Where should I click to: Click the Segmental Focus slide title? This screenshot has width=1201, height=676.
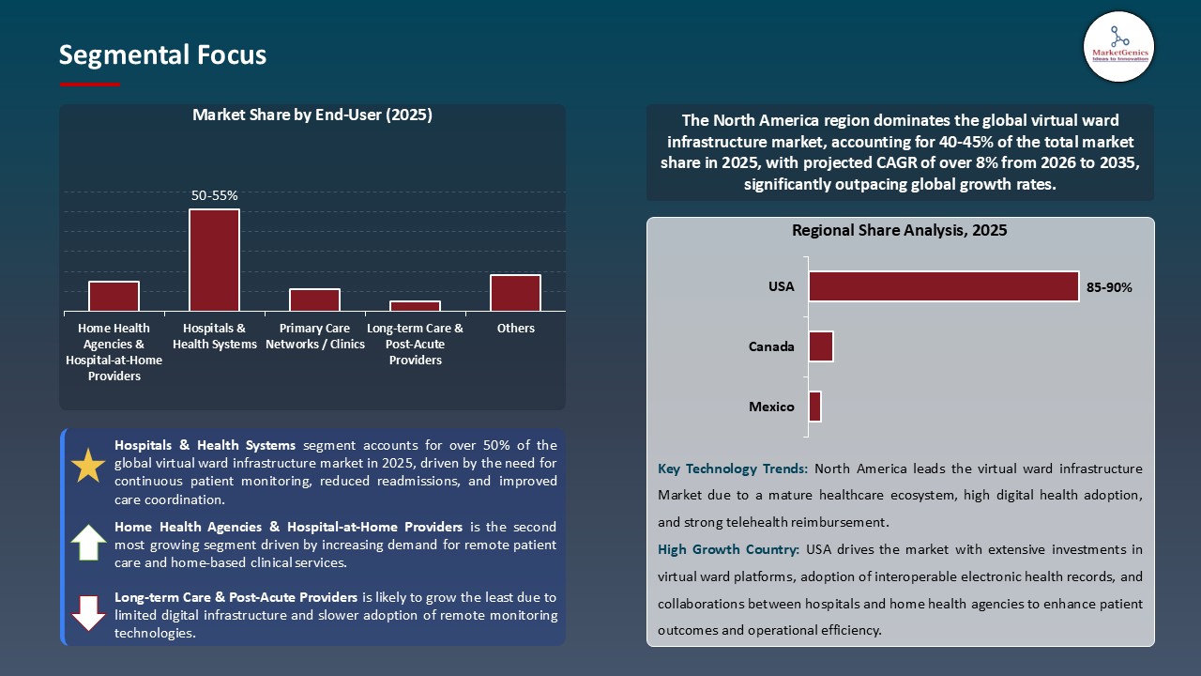pyautogui.click(x=162, y=55)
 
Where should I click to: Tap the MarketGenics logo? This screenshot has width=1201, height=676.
pyautogui.click(x=1118, y=46)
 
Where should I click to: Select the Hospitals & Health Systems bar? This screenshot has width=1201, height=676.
pyautogui.click(x=214, y=260)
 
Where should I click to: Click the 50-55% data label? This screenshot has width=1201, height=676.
pyautogui.click(x=214, y=195)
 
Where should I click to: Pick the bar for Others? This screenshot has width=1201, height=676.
pyautogui.click(x=515, y=293)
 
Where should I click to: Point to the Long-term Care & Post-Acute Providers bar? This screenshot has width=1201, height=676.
pyautogui.click(x=415, y=305)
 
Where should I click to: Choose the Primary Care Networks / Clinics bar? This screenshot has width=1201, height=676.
pyautogui.click(x=314, y=300)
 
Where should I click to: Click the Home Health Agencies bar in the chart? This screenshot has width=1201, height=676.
pyautogui.click(x=114, y=296)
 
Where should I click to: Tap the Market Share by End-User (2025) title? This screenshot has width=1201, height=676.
pyautogui.click(x=312, y=115)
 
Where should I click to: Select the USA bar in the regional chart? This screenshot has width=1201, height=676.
pyautogui.click(x=943, y=286)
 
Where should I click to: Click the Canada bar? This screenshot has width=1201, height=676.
pyautogui.click(x=820, y=346)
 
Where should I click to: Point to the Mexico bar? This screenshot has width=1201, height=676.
pyautogui.click(x=814, y=407)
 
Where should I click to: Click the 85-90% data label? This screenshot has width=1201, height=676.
pyautogui.click(x=1109, y=288)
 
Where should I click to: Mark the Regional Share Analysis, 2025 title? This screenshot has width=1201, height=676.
pyautogui.click(x=899, y=230)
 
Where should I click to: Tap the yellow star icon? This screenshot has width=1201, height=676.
pyautogui.click(x=88, y=467)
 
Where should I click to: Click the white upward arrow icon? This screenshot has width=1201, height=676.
pyautogui.click(x=88, y=543)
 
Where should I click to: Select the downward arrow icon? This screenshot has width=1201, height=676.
pyautogui.click(x=88, y=612)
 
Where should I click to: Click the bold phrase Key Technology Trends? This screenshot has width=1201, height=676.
pyautogui.click(x=733, y=469)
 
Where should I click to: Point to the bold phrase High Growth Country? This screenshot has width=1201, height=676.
pyautogui.click(x=727, y=549)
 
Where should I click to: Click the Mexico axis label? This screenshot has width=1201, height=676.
pyautogui.click(x=771, y=407)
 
